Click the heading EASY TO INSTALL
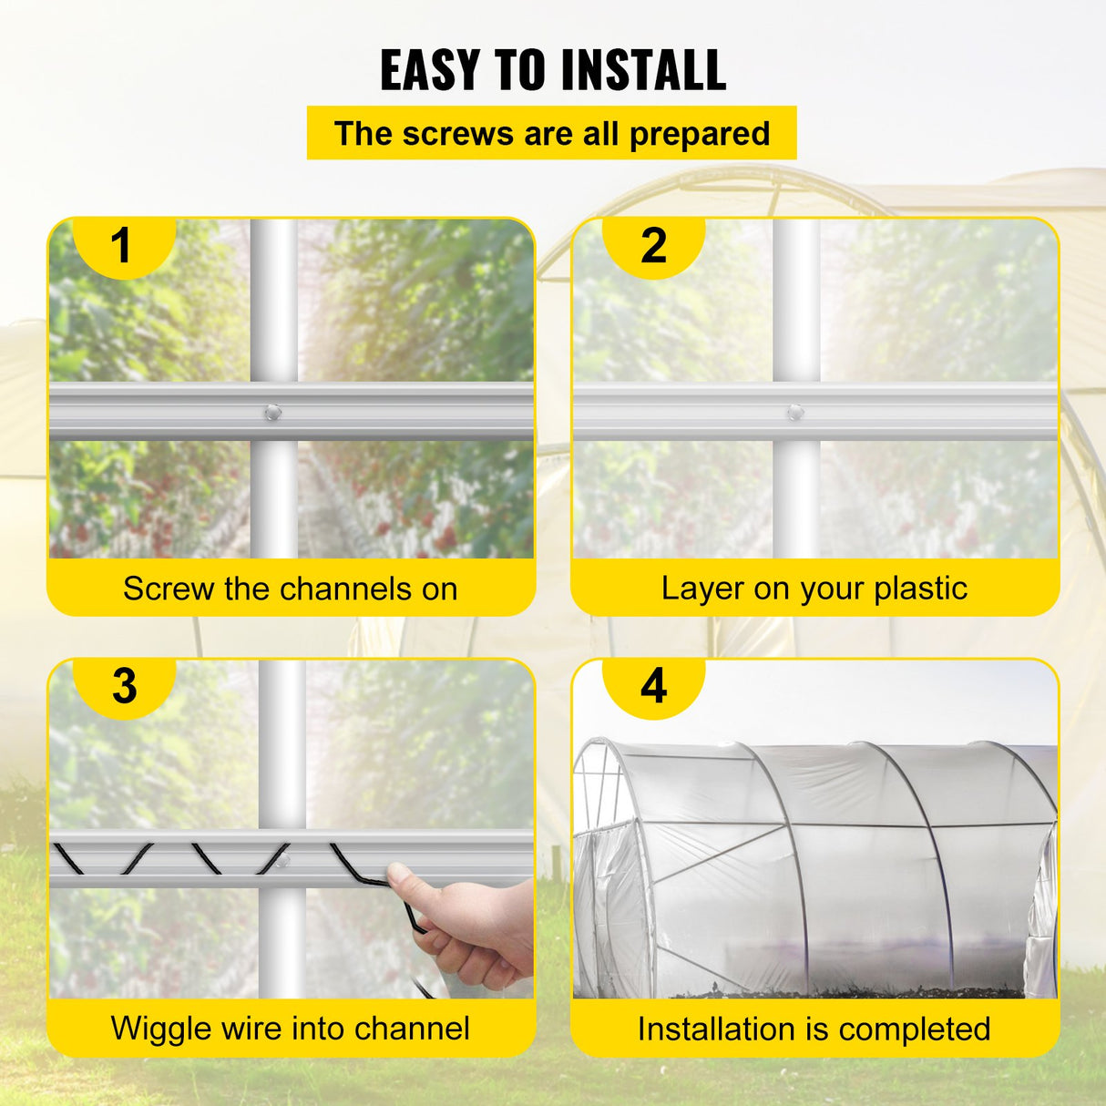pos(553,70)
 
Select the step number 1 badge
pos(121,246)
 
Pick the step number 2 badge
pos(653,246)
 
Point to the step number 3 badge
pos(124,686)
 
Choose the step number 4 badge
pos(653,686)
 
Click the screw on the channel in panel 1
pos(271,413)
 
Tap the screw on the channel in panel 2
pos(795,413)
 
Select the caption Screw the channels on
pos(291,589)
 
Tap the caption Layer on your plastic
pos(814,589)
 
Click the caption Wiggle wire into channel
pos(291,1029)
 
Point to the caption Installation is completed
pos(814,1029)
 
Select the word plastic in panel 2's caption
pos(920,589)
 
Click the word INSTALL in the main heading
pos(643,70)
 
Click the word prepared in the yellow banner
pos(700,134)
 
